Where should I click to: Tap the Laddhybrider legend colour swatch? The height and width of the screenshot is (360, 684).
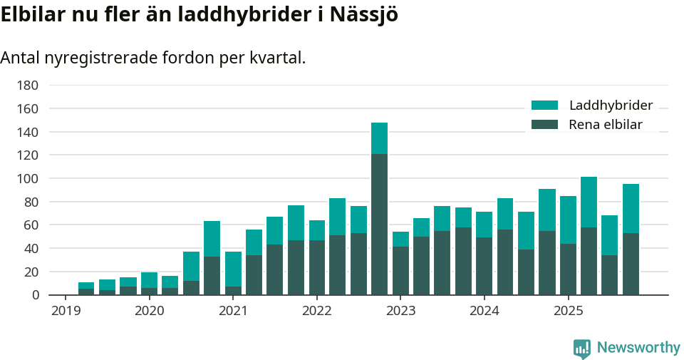point(544,106)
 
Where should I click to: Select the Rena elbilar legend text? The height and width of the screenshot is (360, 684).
point(606,125)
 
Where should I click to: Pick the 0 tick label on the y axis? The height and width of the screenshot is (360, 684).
point(33,295)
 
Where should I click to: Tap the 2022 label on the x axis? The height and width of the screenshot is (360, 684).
point(316,311)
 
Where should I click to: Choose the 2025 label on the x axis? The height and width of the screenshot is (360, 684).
point(568,311)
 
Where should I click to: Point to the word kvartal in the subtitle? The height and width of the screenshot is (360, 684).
point(276,58)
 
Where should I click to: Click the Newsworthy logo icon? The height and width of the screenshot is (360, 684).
point(581,348)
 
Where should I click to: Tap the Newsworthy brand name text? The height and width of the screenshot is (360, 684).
point(638,348)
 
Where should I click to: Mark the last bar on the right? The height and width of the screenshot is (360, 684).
point(631,240)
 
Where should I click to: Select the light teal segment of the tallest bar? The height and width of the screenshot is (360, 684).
point(379,138)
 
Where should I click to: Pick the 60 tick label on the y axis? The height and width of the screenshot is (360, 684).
point(31,225)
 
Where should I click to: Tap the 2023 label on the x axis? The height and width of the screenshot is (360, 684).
point(400,311)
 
